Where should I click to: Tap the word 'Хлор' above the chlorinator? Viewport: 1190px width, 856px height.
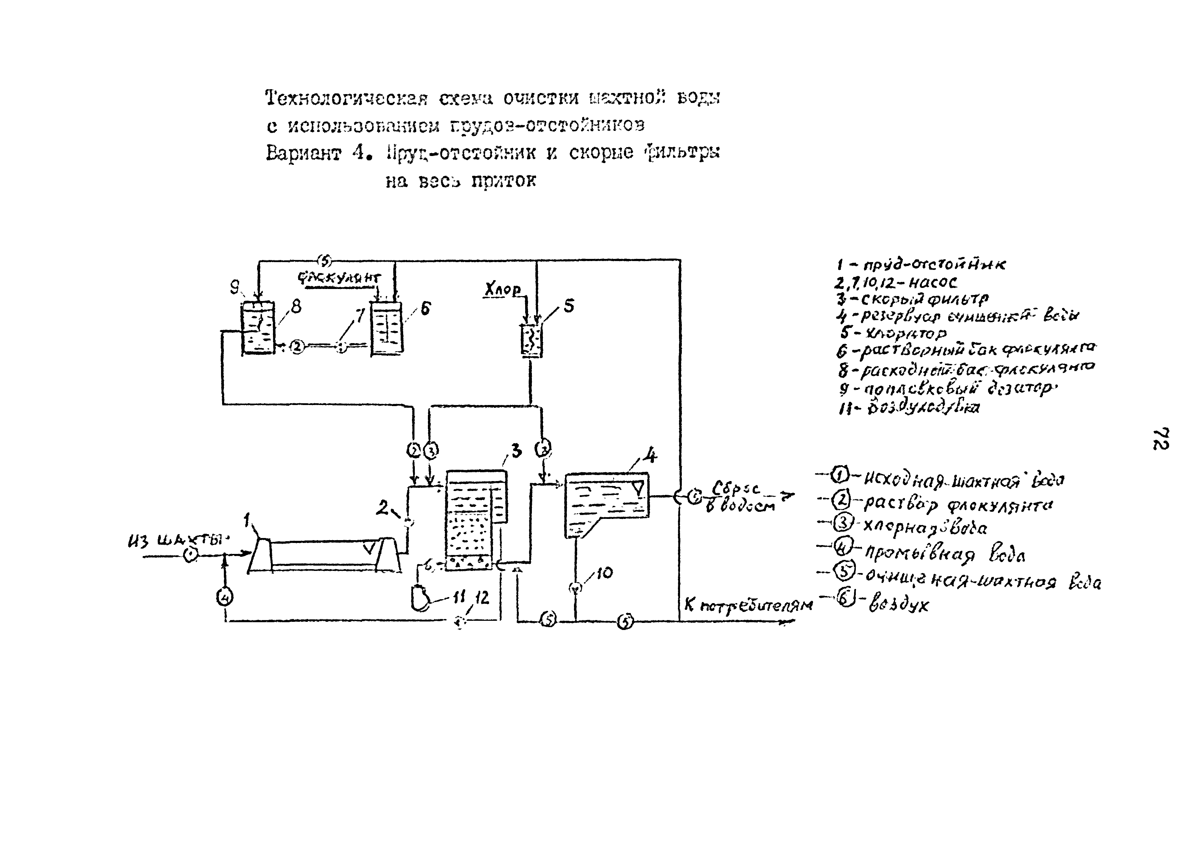[503, 289]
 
